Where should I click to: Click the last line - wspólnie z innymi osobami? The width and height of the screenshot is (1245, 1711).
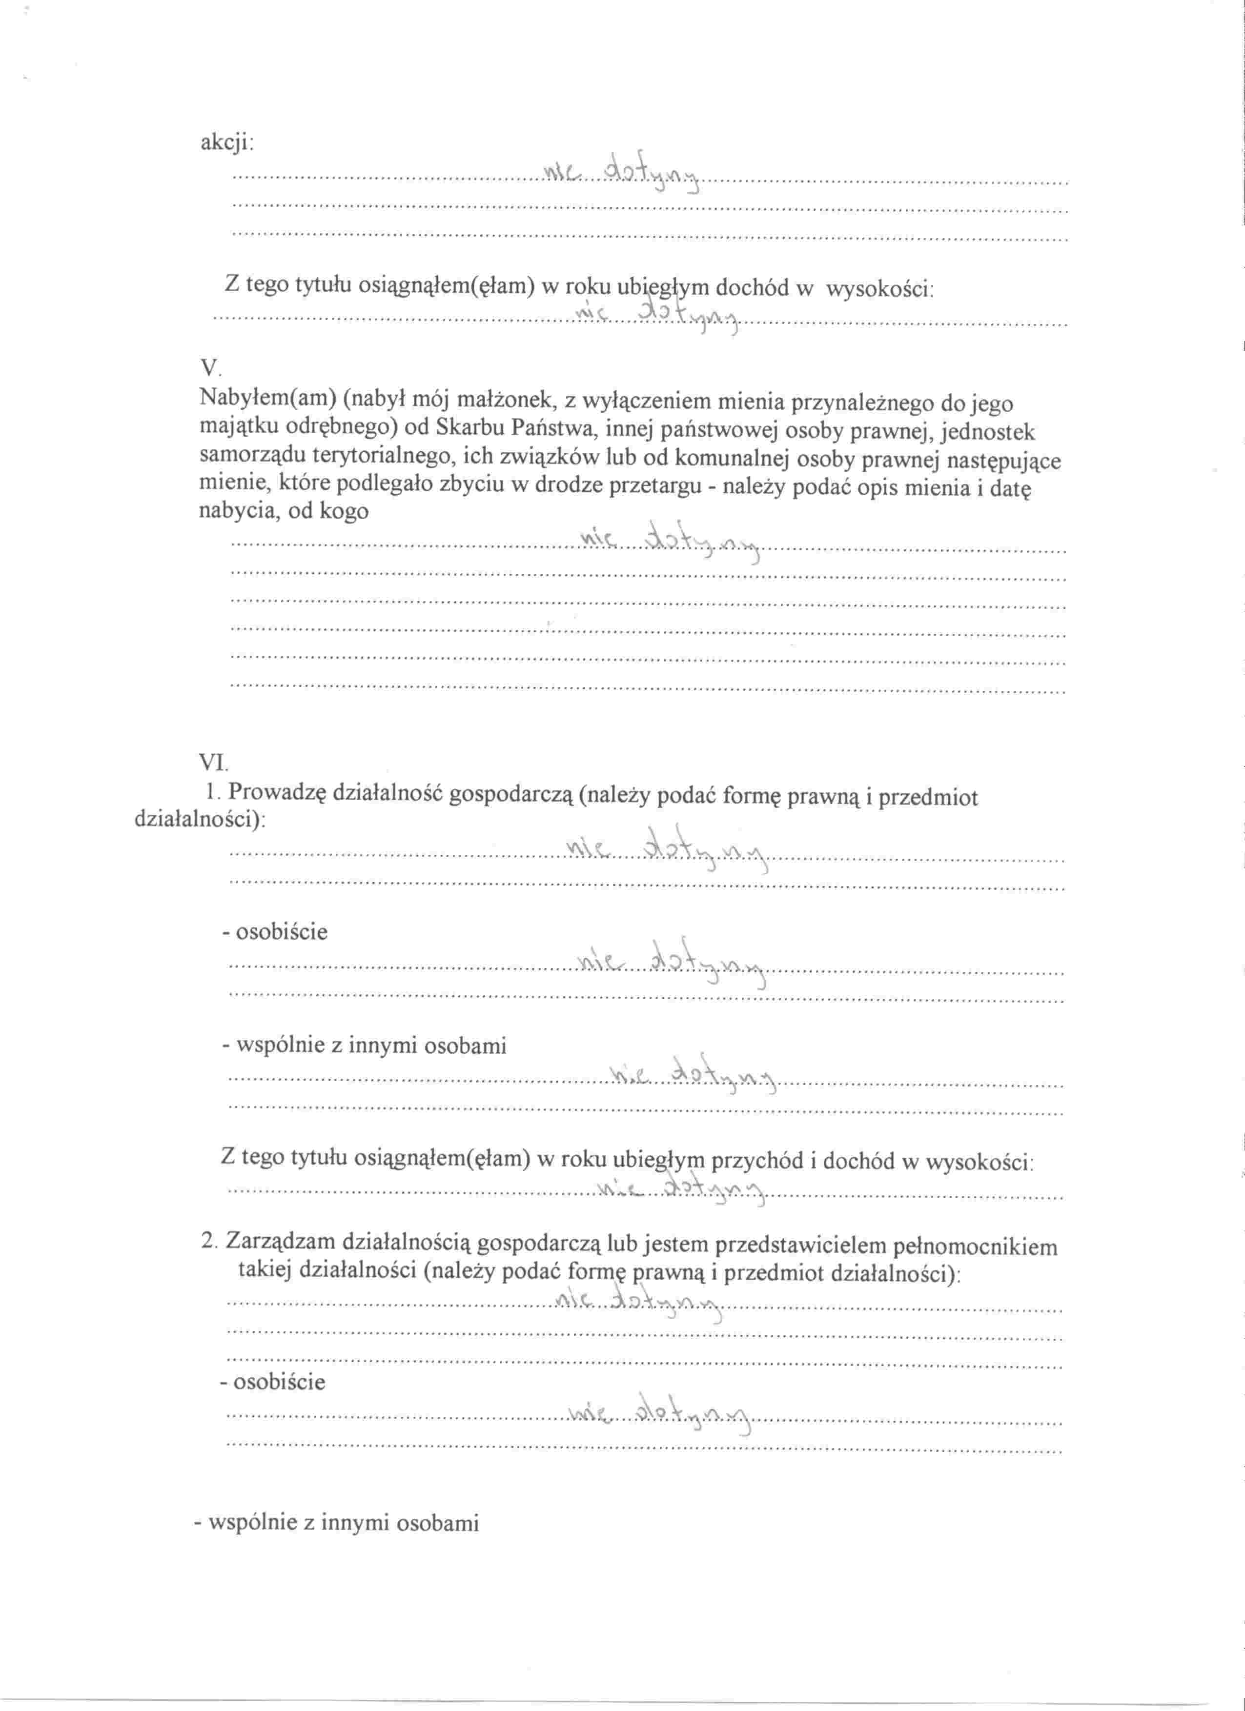point(336,1523)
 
